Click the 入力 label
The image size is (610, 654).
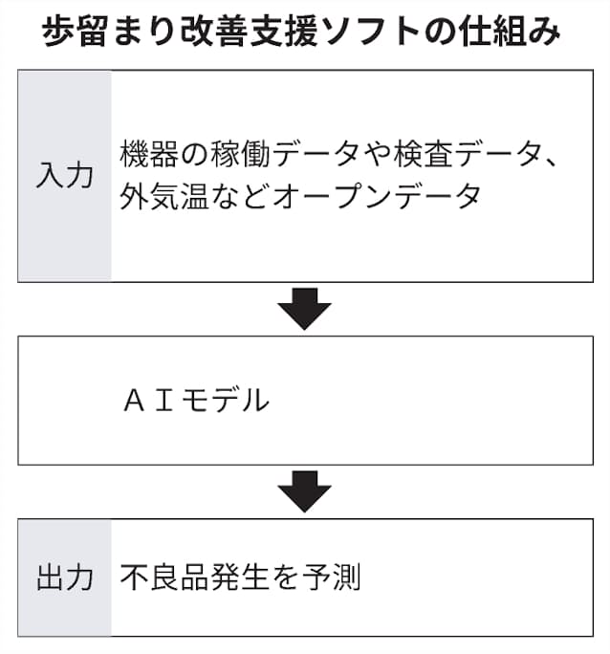65,176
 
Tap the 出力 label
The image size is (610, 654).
65,578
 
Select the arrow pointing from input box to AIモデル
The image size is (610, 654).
304,309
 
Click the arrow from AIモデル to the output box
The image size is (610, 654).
304,491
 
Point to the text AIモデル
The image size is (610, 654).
196,400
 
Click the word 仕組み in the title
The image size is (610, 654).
509,32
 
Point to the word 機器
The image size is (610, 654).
149,154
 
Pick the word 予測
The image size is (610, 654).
332,578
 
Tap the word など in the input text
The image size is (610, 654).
241,196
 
